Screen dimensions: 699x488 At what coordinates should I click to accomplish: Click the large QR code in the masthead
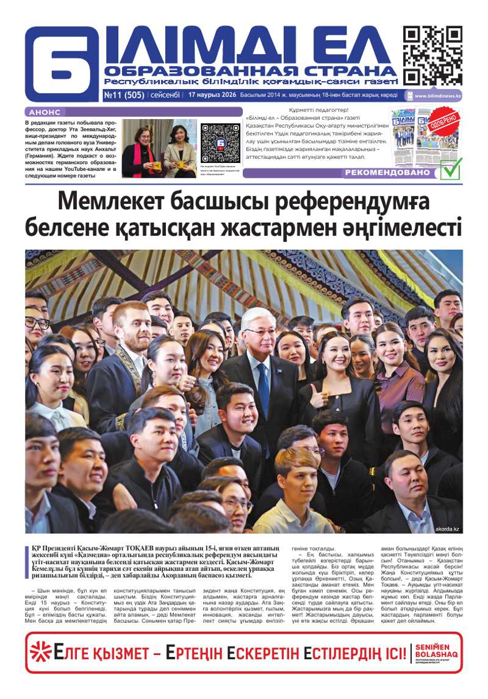432,56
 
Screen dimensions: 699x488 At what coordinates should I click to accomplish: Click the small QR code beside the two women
220,143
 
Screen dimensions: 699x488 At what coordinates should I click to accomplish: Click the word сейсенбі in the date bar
165,95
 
